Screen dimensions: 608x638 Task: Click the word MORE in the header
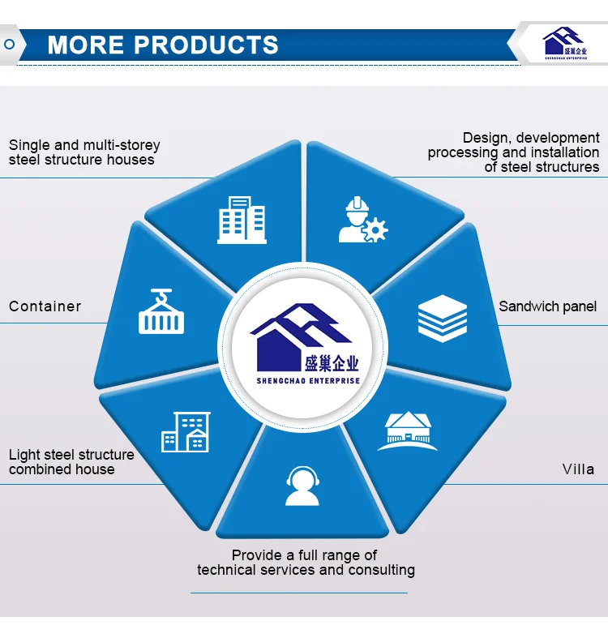[85, 45]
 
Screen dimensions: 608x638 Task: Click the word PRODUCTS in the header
[206, 45]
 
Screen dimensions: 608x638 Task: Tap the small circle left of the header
[9, 44]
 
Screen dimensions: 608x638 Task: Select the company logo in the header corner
[565, 43]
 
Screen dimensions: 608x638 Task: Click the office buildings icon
[242, 221]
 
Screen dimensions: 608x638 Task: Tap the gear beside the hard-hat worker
[375, 230]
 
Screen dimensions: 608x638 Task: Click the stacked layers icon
[443, 319]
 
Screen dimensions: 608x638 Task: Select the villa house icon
[408, 431]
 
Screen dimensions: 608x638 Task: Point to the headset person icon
[302, 486]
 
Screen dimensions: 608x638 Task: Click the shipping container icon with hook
[161, 311]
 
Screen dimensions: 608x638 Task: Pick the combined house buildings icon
[186, 432]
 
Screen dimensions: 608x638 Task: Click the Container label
[45, 306]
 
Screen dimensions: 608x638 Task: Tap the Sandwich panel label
[548, 306]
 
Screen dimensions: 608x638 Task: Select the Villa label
[578, 469]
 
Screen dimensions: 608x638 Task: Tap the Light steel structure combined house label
[71, 462]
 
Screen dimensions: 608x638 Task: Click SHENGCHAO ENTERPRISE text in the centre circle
[308, 381]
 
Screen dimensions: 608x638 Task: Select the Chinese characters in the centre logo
[332, 363]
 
